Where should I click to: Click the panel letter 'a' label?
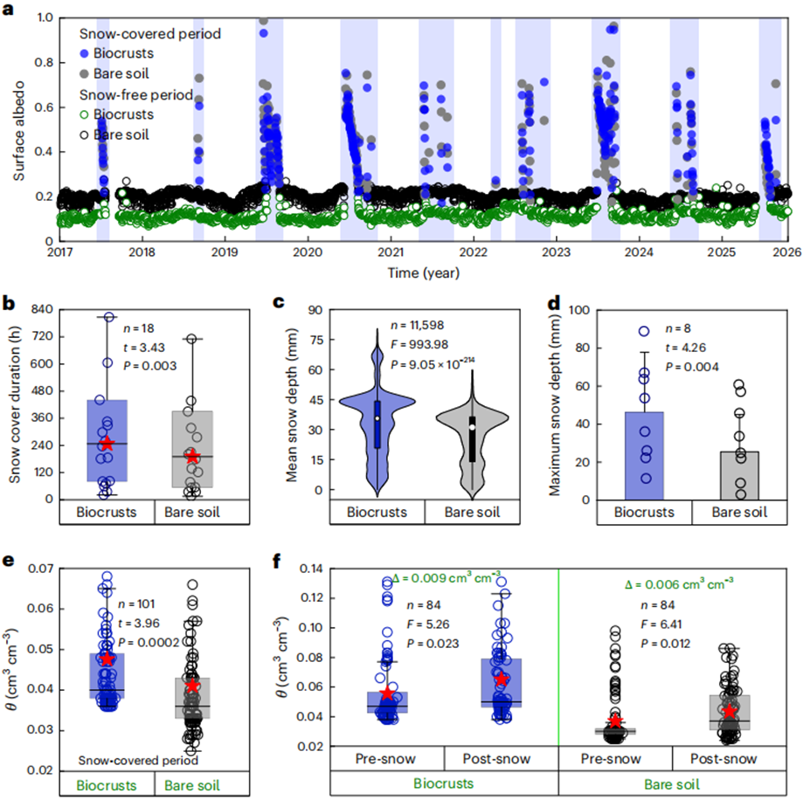click(8, 9)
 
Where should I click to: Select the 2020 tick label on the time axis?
click(308, 252)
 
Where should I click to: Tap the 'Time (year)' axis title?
click(424, 272)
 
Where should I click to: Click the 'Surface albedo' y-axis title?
click(19, 131)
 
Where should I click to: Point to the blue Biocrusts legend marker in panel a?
click(85, 54)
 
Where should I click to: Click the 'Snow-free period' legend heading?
click(136, 94)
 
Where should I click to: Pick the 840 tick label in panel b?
click(42, 309)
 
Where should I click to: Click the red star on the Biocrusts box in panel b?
click(107, 444)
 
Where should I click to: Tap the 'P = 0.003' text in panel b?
click(150, 366)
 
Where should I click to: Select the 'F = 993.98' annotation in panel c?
click(419, 344)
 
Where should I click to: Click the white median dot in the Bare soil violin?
click(472, 427)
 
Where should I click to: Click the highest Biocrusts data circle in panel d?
click(644, 331)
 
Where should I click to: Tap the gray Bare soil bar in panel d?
click(739, 475)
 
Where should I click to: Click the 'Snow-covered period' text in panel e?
click(138, 760)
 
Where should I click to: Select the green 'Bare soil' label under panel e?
click(192, 785)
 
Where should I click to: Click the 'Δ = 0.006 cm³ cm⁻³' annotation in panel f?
click(679, 584)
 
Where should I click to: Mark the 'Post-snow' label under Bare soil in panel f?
click(723, 759)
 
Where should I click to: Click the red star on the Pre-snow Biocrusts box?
click(388, 694)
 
